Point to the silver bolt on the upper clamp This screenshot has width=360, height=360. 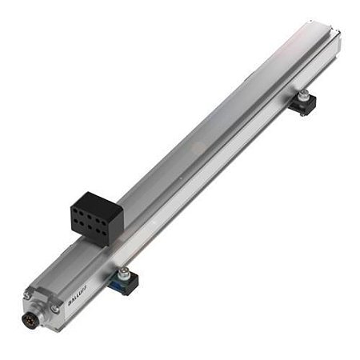click(x=304, y=96)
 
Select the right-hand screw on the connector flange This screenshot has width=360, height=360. click(x=54, y=309)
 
